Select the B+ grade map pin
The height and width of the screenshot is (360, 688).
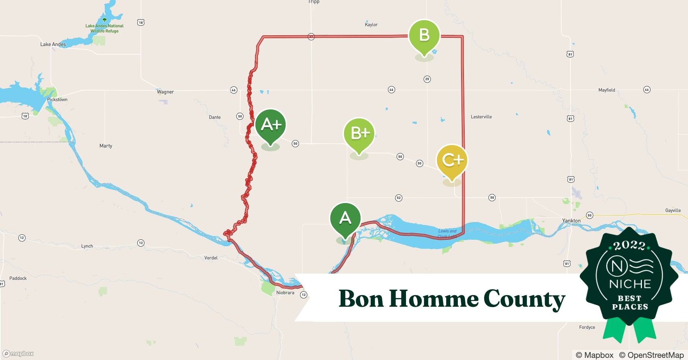359,134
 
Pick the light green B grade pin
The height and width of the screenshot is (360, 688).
424,36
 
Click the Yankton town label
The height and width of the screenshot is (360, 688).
571,221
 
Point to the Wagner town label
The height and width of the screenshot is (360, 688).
165,92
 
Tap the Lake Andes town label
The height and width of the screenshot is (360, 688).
53,44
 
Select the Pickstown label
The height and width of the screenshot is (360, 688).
57,99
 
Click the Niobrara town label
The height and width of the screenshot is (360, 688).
285,293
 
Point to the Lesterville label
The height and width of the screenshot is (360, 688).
481,117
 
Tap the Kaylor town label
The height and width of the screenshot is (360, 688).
371,24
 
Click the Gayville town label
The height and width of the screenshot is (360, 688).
673,210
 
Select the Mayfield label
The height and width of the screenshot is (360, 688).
607,90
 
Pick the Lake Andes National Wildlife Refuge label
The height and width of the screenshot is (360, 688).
104,28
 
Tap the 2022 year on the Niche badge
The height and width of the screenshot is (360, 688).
629,246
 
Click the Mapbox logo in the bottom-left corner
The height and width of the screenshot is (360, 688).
18,354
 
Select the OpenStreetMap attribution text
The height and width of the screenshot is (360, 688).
651,355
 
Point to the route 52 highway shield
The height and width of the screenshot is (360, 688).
398,198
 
